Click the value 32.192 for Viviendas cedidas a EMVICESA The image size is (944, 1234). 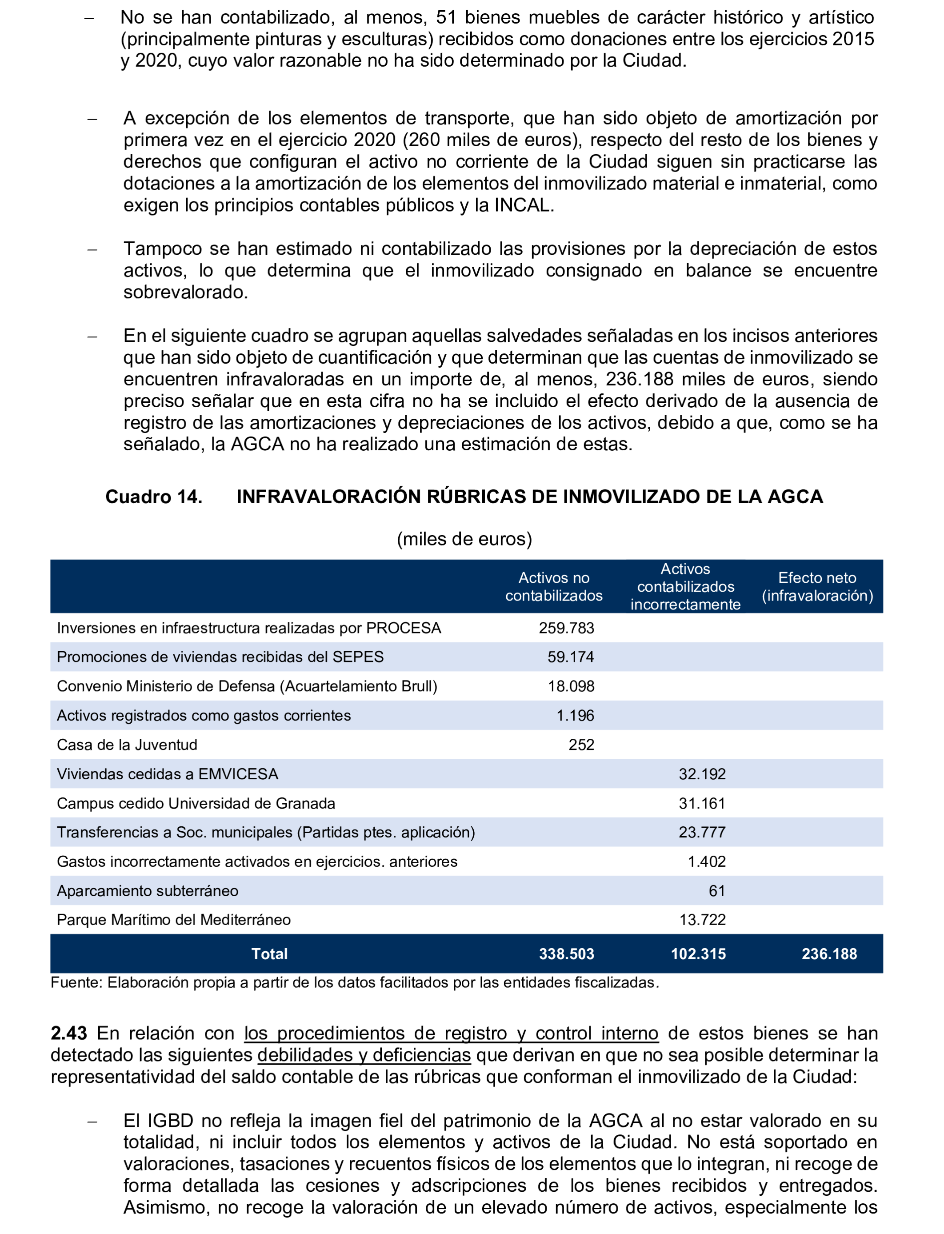702,774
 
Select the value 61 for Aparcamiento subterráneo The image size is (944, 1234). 716,891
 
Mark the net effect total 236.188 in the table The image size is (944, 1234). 829,954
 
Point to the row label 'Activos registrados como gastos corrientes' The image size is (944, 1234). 204,715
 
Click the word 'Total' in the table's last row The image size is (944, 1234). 269,954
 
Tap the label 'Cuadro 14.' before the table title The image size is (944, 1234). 153,497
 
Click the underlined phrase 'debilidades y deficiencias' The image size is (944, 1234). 364,1055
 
